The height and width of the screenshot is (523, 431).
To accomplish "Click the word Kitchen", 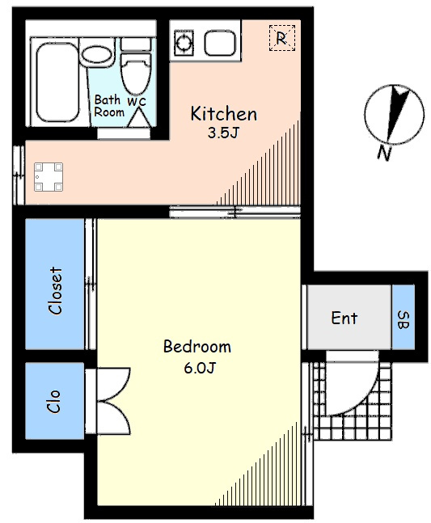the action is tap(223, 113).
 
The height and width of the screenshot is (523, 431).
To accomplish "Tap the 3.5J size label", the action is tap(223, 133).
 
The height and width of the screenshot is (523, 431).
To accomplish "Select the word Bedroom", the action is tap(196, 347).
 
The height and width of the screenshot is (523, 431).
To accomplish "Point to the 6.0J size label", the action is tap(200, 368).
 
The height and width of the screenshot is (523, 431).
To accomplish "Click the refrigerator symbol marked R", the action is tap(282, 38).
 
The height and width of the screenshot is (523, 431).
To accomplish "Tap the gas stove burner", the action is tap(184, 43).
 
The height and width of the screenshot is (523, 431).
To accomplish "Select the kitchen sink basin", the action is tap(220, 43).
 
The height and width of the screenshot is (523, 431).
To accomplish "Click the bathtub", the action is tap(57, 82).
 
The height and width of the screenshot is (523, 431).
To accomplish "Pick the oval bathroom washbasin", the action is tap(96, 55).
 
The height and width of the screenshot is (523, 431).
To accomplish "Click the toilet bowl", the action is tap(135, 74).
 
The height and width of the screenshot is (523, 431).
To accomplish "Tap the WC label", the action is tap(137, 101).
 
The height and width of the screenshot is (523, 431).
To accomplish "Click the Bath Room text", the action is tap(108, 106).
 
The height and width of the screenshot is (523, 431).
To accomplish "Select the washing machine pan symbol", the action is tap(49, 177).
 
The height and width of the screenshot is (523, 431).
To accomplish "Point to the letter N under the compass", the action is tap(384, 154).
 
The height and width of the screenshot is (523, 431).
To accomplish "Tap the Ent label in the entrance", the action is tap(344, 318).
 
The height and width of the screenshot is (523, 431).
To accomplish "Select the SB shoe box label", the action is tap(404, 320).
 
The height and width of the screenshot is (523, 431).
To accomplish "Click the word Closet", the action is tap(55, 290).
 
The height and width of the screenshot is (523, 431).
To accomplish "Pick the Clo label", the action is tap(53, 401).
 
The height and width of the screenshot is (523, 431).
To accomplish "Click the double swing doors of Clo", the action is tap(112, 401).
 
